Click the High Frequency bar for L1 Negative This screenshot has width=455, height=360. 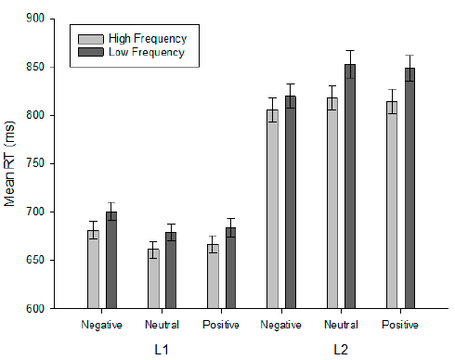tap(93, 269)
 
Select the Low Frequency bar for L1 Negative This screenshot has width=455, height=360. tap(110, 260)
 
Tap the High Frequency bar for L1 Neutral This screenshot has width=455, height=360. tap(152, 278)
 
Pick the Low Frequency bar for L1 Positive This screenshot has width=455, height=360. tap(230, 268)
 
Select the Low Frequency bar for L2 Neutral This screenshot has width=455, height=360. tap(350, 186)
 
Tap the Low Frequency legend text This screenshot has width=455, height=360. tap(147, 52)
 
